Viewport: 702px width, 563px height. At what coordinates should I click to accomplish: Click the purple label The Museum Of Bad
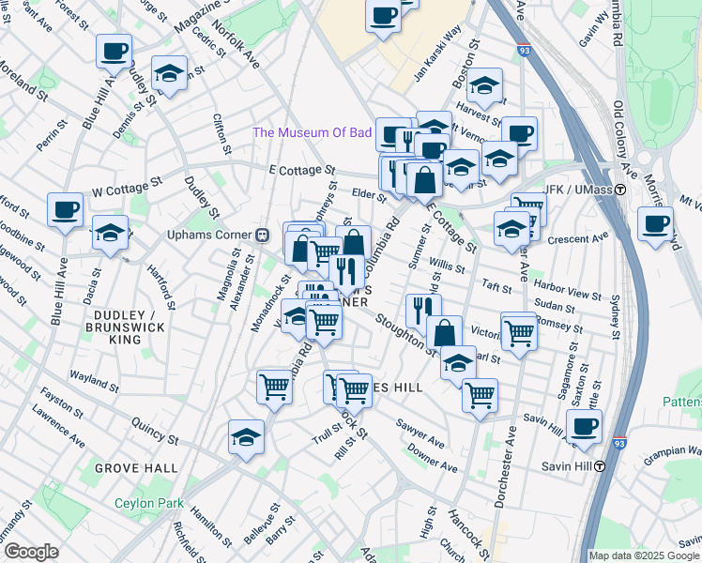point(312,132)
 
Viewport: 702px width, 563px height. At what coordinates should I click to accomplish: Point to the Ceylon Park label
point(148,503)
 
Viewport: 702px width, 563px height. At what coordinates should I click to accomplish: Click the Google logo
point(31,552)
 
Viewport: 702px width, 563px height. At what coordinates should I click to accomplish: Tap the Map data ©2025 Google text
point(644,555)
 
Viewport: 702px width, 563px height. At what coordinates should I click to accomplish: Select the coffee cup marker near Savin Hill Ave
point(584,425)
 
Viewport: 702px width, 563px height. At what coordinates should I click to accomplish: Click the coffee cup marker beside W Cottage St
point(66,210)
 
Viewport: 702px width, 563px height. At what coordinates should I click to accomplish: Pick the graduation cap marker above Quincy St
point(246,436)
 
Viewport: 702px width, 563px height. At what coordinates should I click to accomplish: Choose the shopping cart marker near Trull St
point(354,388)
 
